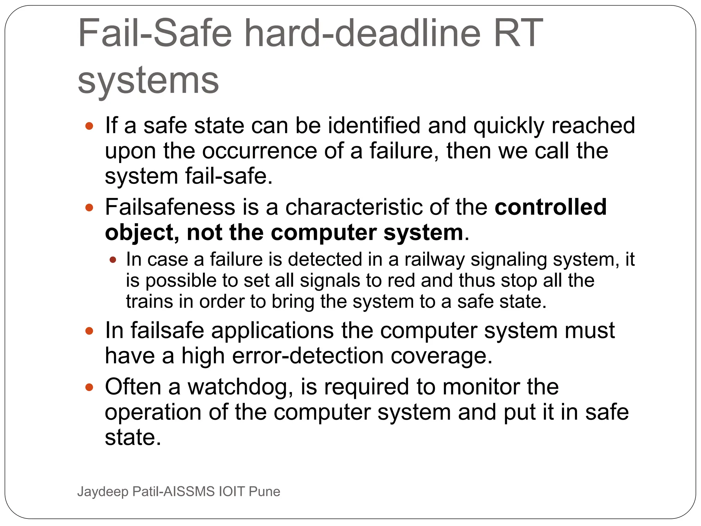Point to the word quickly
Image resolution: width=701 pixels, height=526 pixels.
point(509,126)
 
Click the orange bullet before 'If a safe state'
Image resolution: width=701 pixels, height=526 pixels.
point(89,126)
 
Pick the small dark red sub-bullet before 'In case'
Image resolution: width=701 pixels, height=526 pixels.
point(113,260)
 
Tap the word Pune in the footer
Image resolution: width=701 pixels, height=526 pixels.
point(264,491)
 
